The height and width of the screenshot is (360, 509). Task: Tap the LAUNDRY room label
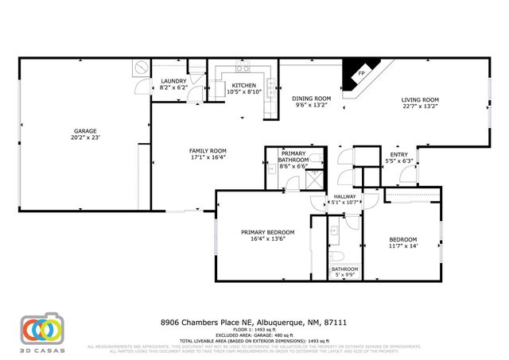click(x=173, y=81)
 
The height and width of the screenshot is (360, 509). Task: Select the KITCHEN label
click(x=243, y=85)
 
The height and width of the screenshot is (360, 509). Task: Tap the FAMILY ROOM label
click(x=208, y=150)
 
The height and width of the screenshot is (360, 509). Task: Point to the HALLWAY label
click(x=344, y=196)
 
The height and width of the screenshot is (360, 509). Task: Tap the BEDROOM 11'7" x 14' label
click(x=403, y=239)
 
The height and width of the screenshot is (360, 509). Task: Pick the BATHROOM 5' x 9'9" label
click(x=344, y=269)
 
